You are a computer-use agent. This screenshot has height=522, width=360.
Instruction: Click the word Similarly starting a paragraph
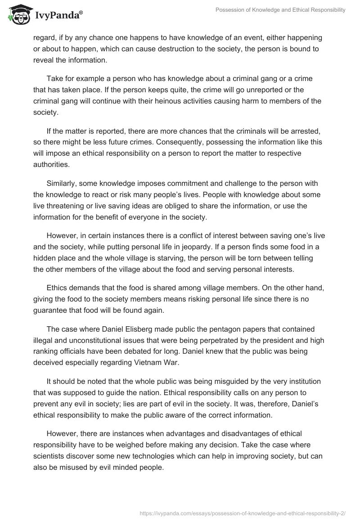coord(61,184)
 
